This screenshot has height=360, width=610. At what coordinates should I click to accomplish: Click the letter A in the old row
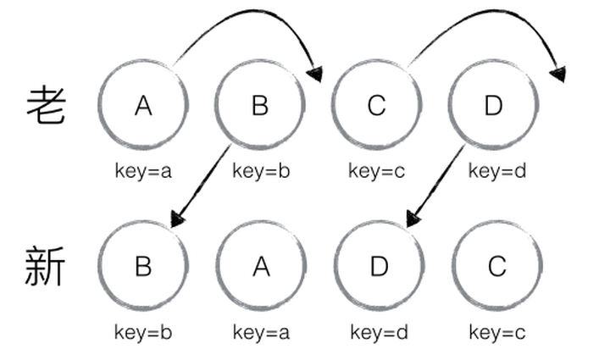click(x=143, y=105)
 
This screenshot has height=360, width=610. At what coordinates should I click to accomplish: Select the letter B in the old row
click(x=260, y=105)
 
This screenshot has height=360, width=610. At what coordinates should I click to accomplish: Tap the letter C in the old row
click(x=376, y=105)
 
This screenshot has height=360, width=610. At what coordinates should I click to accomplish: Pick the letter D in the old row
click(x=493, y=105)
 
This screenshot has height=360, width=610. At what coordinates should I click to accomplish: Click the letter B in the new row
click(x=143, y=266)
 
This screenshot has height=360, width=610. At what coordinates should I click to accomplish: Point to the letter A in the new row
click(x=261, y=267)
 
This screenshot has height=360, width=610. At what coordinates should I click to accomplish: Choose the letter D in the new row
click(x=380, y=267)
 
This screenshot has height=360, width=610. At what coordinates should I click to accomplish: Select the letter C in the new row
click(x=497, y=267)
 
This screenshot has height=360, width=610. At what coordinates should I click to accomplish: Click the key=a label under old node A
click(x=143, y=170)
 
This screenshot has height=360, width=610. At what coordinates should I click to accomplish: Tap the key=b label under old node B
click(x=261, y=170)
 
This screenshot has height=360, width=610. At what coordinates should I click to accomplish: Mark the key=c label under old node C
click(x=376, y=170)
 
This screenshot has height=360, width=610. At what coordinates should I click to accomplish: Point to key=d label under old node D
click(x=497, y=170)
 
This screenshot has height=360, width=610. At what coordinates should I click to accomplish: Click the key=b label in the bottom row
click(x=143, y=332)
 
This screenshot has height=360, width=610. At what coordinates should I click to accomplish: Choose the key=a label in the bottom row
click(x=261, y=332)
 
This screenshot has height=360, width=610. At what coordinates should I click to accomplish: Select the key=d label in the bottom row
click(x=380, y=332)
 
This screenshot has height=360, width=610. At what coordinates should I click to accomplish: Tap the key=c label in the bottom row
click(x=497, y=332)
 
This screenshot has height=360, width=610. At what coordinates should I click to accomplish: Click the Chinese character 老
click(x=46, y=105)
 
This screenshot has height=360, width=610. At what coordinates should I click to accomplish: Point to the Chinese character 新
click(x=45, y=266)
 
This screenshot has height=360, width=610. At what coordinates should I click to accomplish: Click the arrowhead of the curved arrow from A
click(x=316, y=74)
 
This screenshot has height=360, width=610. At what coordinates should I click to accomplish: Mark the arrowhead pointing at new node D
click(x=413, y=219)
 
